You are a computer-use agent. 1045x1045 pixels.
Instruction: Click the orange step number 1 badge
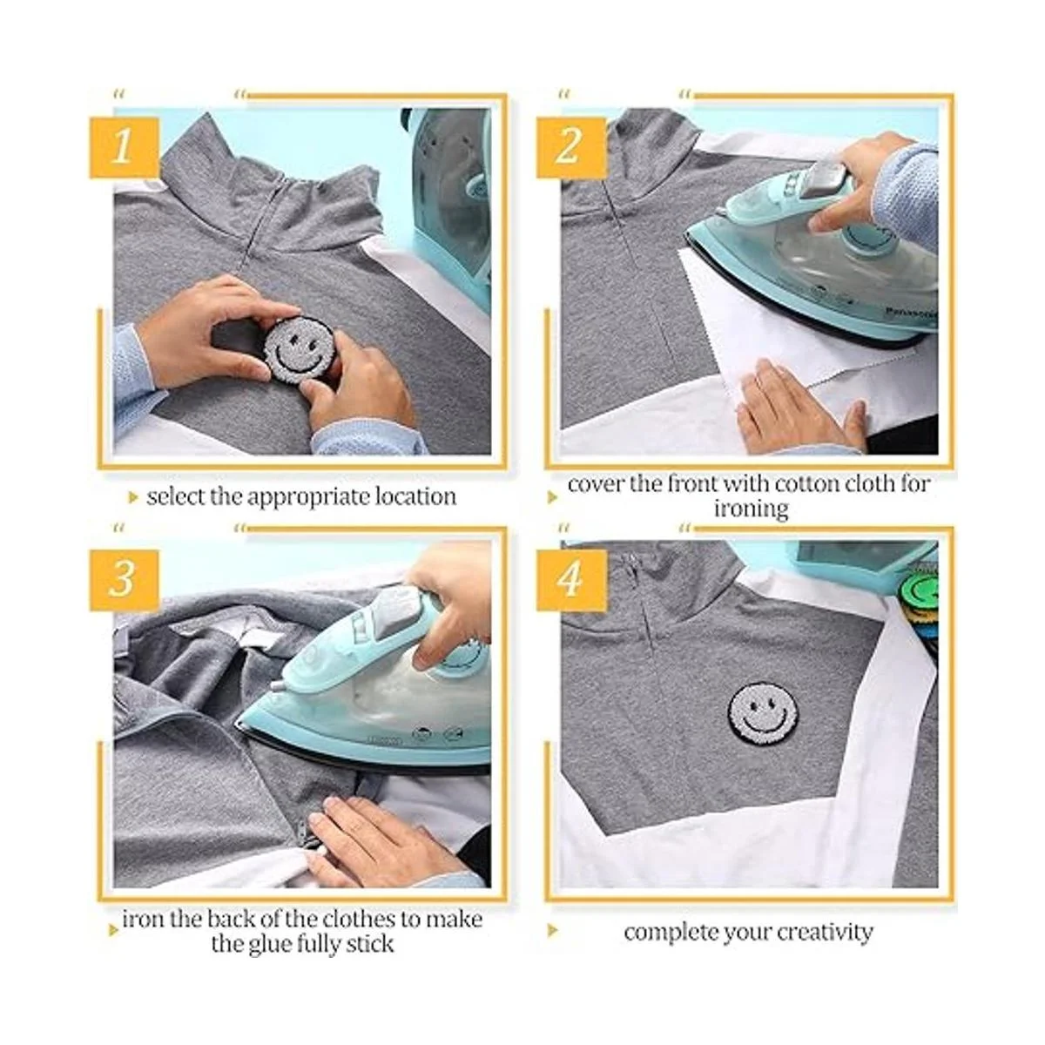pos(125,147)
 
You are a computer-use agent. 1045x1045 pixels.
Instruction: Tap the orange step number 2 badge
pos(571,147)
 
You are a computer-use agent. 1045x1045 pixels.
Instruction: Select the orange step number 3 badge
pos(125,580)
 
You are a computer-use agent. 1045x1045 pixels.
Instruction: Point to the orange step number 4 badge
pos(571,580)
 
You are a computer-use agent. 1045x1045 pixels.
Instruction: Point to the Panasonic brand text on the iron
pos(911,313)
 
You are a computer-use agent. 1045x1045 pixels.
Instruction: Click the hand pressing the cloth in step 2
pos(800,408)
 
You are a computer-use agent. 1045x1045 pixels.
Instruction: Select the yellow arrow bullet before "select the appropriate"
pos(133,498)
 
